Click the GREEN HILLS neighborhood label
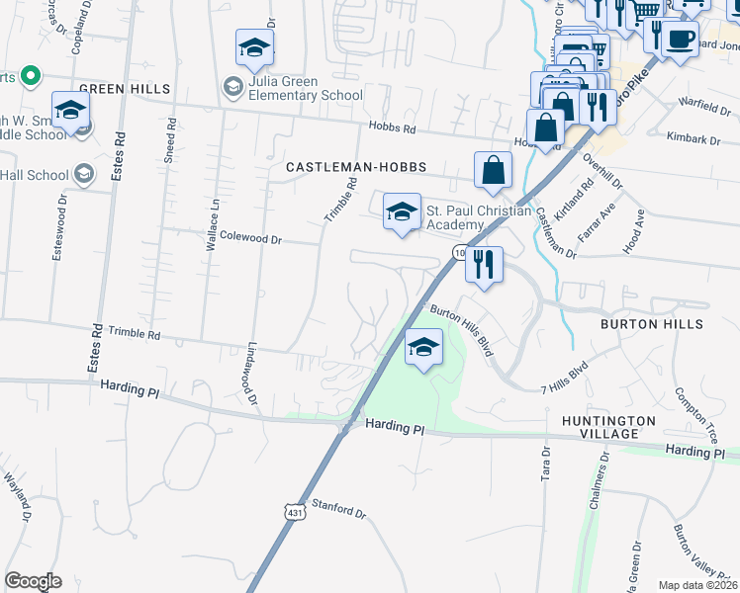(x=125, y=89)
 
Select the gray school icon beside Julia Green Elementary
(x=232, y=87)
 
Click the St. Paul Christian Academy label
(x=479, y=216)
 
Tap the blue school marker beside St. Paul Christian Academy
(x=402, y=212)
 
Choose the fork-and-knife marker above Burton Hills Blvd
(x=484, y=265)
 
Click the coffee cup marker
(x=679, y=41)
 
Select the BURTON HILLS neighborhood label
(x=652, y=324)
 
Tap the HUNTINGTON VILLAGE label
(x=609, y=427)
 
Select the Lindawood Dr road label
(x=253, y=376)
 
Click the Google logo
(x=33, y=581)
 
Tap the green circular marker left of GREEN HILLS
(x=30, y=75)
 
